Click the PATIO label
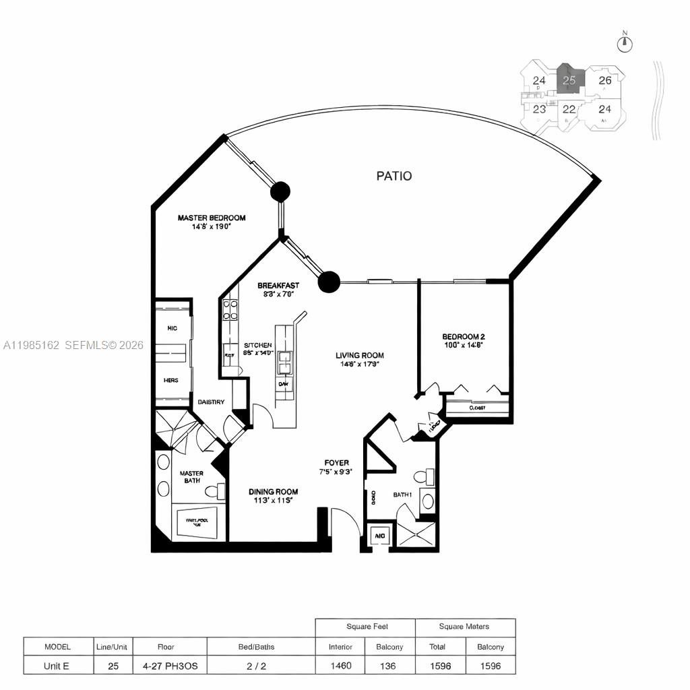[x=394, y=176]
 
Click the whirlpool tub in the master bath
[x=197, y=523]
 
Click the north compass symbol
[x=625, y=43]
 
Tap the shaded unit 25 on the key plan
[x=569, y=80]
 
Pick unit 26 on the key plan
[x=604, y=80]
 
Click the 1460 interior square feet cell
[x=340, y=665]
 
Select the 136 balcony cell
[x=389, y=665]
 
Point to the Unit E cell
[x=57, y=665]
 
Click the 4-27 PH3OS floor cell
[x=166, y=665]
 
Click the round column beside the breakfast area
[x=328, y=282]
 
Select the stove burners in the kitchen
[x=230, y=309]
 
